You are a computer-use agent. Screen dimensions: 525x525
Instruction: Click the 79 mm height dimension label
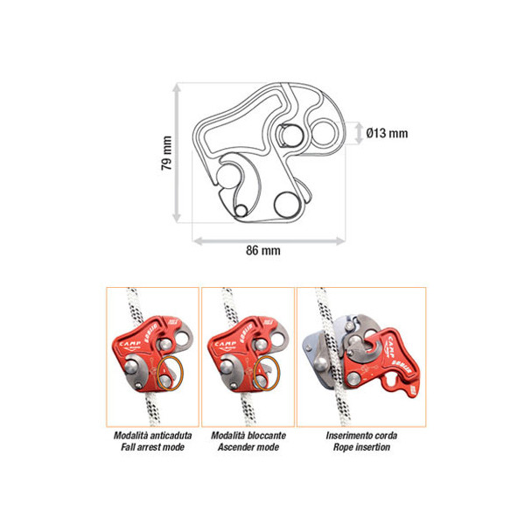coord(167,153)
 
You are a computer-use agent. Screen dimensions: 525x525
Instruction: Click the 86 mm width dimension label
coord(263,250)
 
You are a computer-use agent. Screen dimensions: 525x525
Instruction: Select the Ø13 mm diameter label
coord(387,133)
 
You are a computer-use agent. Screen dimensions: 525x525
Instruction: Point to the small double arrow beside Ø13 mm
coord(359,133)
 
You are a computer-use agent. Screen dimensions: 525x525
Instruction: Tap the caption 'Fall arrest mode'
coord(152,447)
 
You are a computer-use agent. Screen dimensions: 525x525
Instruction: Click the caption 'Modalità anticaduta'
coord(152,435)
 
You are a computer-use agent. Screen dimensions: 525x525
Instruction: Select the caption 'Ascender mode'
coord(248,447)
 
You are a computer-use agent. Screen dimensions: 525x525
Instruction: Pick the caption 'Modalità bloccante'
coord(248,435)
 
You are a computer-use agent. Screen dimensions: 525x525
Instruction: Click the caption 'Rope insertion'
coord(361,447)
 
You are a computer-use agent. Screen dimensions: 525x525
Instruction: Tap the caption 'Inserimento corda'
coord(361,435)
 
